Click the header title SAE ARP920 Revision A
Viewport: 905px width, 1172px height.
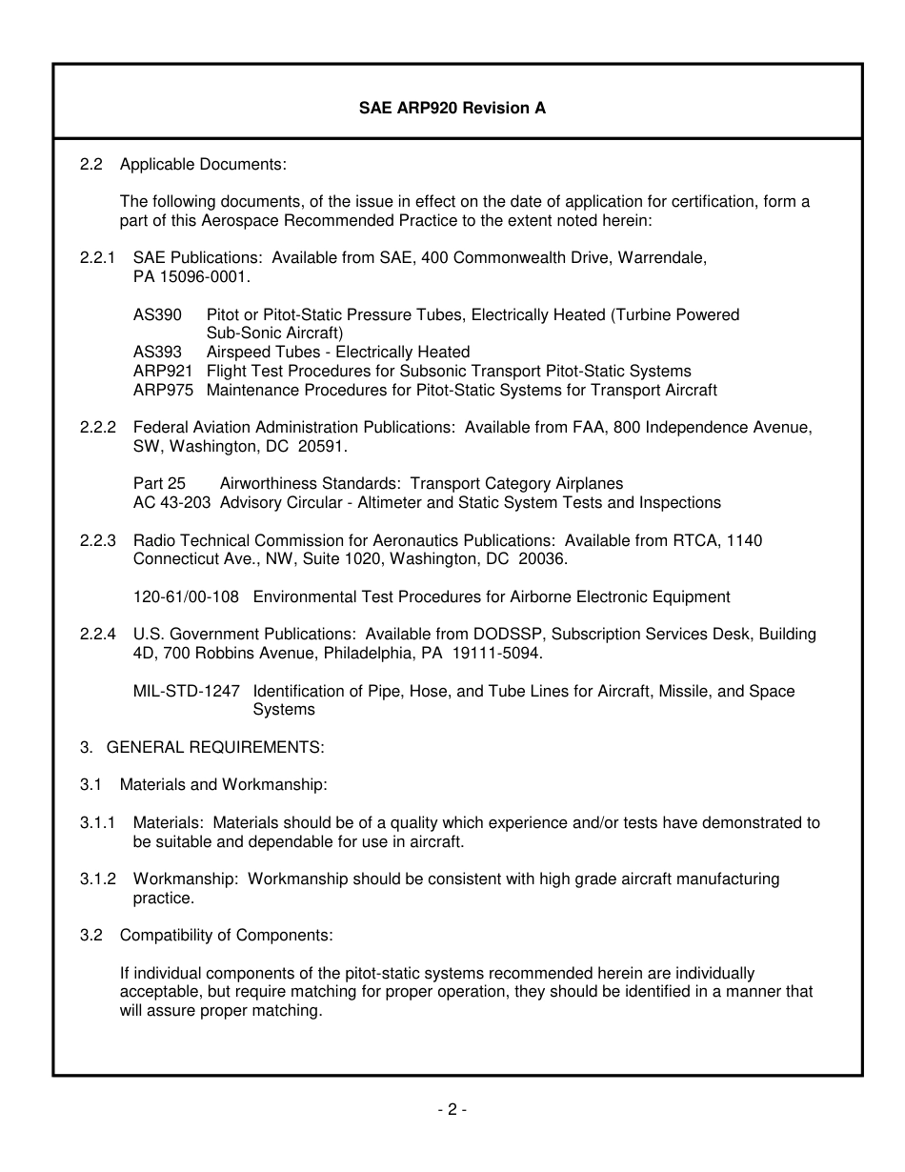[x=452, y=108]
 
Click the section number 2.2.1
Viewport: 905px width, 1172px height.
[x=97, y=258]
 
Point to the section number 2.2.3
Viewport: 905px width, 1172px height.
[x=97, y=540]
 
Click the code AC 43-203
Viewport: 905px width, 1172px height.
[x=172, y=502]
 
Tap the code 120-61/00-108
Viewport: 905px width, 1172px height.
[x=186, y=597]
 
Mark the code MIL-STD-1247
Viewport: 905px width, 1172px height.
[x=187, y=691]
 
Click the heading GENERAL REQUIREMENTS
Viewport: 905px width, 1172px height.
[x=215, y=747]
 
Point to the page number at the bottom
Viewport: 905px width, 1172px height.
[x=452, y=1109]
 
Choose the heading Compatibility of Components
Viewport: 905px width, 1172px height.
[x=227, y=935]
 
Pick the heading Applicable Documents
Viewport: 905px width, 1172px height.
[x=203, y=164]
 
